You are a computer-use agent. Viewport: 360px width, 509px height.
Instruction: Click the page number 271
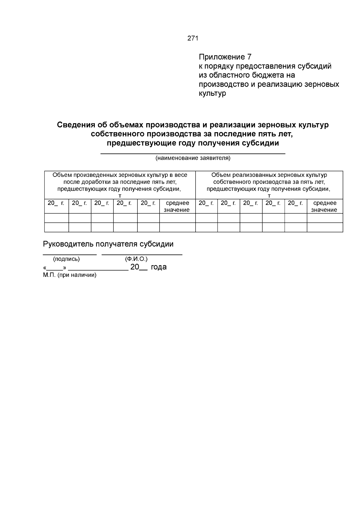193,38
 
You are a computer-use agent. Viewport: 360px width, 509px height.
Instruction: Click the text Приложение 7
225,57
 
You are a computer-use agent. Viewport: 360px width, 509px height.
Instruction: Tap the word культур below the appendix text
212,94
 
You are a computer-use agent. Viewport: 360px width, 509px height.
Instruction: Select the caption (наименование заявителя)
193,158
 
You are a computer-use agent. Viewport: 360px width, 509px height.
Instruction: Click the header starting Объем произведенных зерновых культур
120,182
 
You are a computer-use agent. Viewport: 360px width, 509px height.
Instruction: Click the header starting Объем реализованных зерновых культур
269,182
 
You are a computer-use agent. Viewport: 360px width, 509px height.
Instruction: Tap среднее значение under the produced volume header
177,206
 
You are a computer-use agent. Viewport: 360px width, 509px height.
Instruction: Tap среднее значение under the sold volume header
325,206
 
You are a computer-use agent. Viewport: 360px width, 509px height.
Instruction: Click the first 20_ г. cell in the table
56,203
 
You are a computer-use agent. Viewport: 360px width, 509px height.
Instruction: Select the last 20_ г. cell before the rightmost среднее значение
295,203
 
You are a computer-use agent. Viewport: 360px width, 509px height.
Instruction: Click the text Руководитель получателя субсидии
108,244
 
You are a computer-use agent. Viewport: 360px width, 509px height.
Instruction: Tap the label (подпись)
66,259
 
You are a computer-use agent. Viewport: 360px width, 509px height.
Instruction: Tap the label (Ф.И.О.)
136,259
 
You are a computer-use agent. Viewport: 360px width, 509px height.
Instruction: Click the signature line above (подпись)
70,255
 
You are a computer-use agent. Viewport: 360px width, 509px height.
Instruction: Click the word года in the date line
158,267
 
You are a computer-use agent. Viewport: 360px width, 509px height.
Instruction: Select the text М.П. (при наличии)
70,275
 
